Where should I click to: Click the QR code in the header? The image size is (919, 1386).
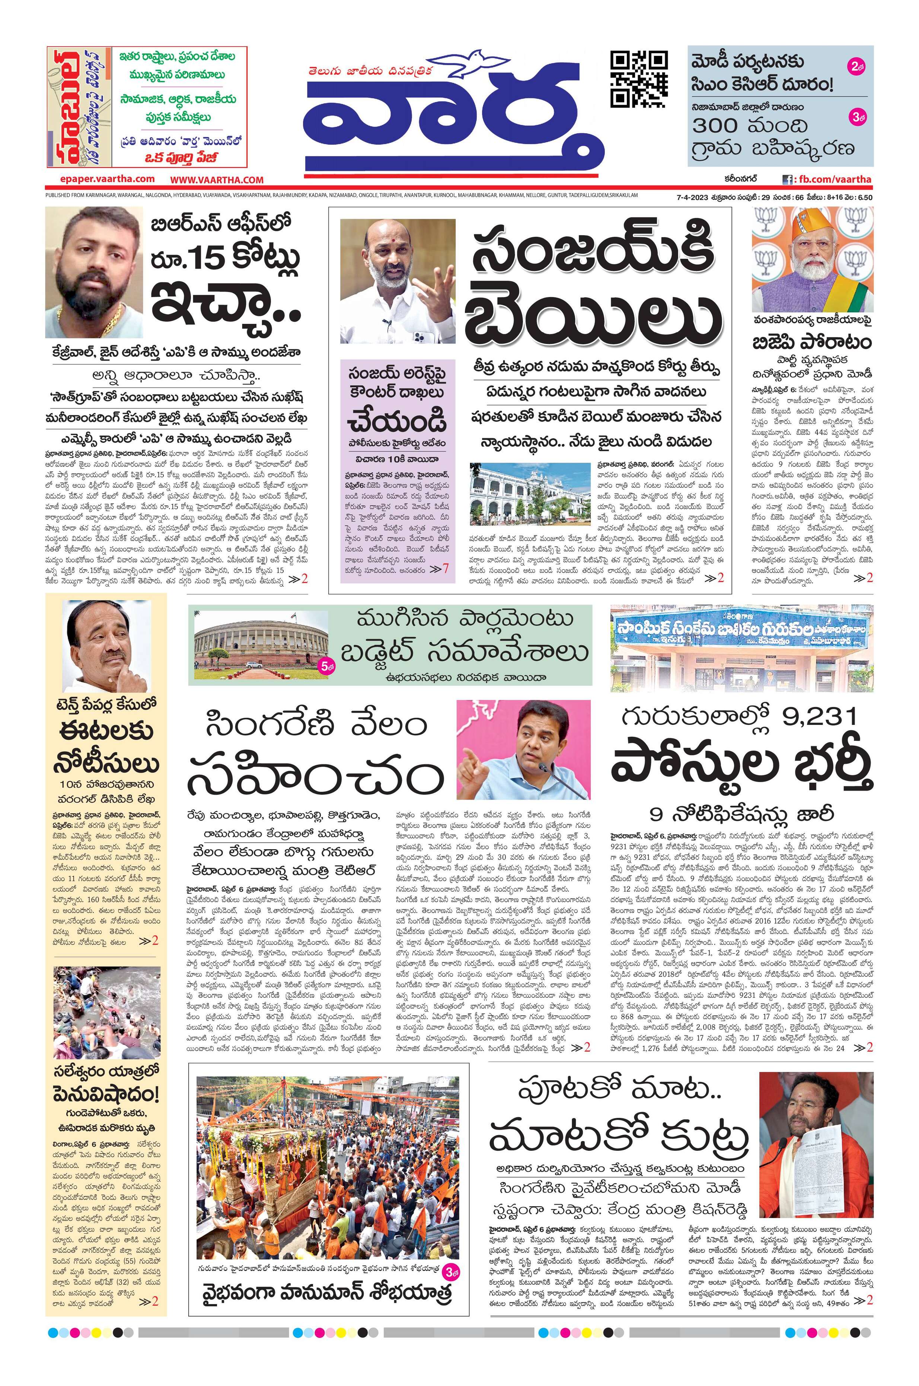[x=639, y=80]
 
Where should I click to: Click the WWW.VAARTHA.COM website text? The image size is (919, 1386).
[x=217, y=181]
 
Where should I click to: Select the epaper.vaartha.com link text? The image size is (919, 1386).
[x=107, y=179]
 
